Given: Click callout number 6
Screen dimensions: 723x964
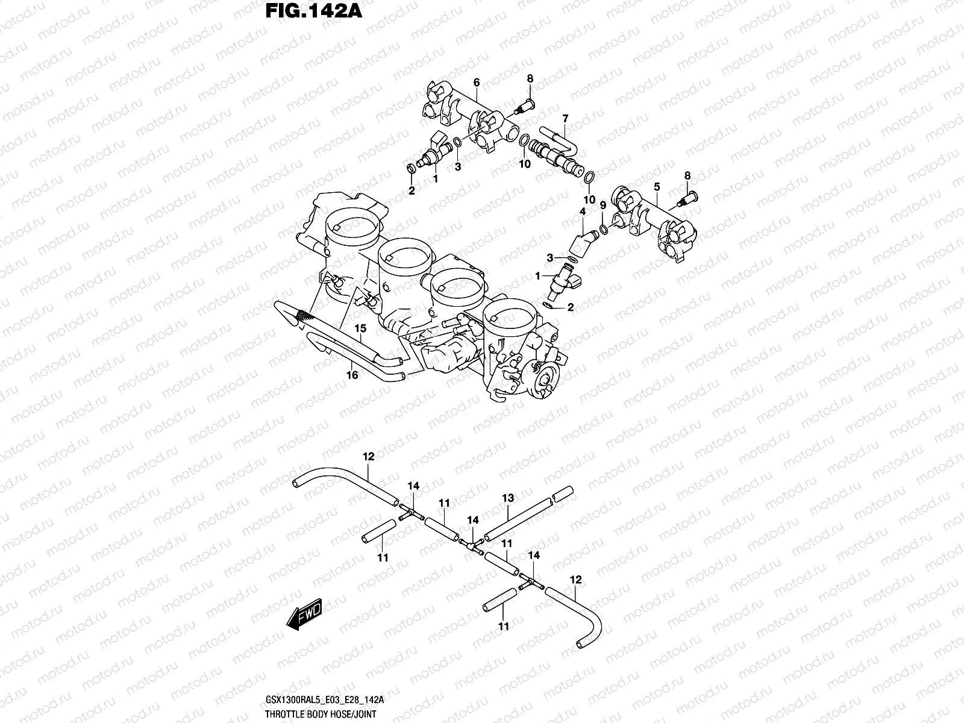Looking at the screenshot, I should [476, 82].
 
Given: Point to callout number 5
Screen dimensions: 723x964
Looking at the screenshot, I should [657, 187].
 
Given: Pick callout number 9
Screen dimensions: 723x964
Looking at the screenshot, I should [602, 206].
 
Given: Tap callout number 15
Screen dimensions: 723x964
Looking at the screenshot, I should [360, 329].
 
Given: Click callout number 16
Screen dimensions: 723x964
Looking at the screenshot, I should [352, 375].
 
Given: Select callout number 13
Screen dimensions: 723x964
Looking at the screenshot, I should [508, 498].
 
